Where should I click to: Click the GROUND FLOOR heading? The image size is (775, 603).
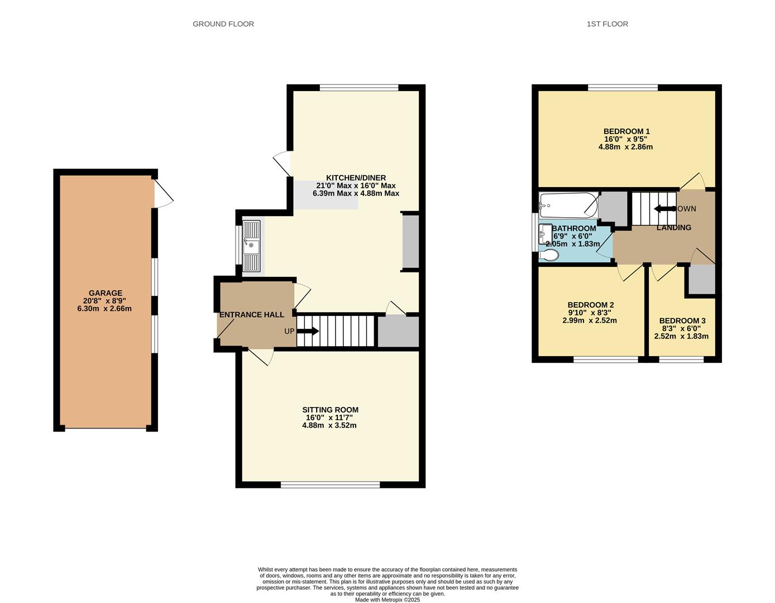223,24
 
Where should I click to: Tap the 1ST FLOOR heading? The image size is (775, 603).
607,24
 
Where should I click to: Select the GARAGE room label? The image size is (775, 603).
105,293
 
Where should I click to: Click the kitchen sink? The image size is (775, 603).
251,246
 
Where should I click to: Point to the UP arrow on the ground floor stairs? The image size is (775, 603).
308,331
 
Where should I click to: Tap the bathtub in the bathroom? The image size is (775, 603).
569,205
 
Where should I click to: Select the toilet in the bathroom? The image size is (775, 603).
548,255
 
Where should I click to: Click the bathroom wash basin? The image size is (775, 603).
546,233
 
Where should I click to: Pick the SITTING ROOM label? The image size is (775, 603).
330,410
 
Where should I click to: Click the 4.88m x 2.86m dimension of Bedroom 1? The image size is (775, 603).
625,147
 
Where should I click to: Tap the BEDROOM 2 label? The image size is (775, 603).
591,305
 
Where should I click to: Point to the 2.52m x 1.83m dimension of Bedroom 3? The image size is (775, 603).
681,336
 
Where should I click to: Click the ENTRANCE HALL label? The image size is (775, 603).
252,314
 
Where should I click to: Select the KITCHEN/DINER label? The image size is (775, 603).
356,178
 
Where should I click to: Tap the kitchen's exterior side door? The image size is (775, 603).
282,164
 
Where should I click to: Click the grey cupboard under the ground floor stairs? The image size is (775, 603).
398,331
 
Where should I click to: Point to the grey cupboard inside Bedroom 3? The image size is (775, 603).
702,280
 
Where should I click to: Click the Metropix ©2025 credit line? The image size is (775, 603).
387,600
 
